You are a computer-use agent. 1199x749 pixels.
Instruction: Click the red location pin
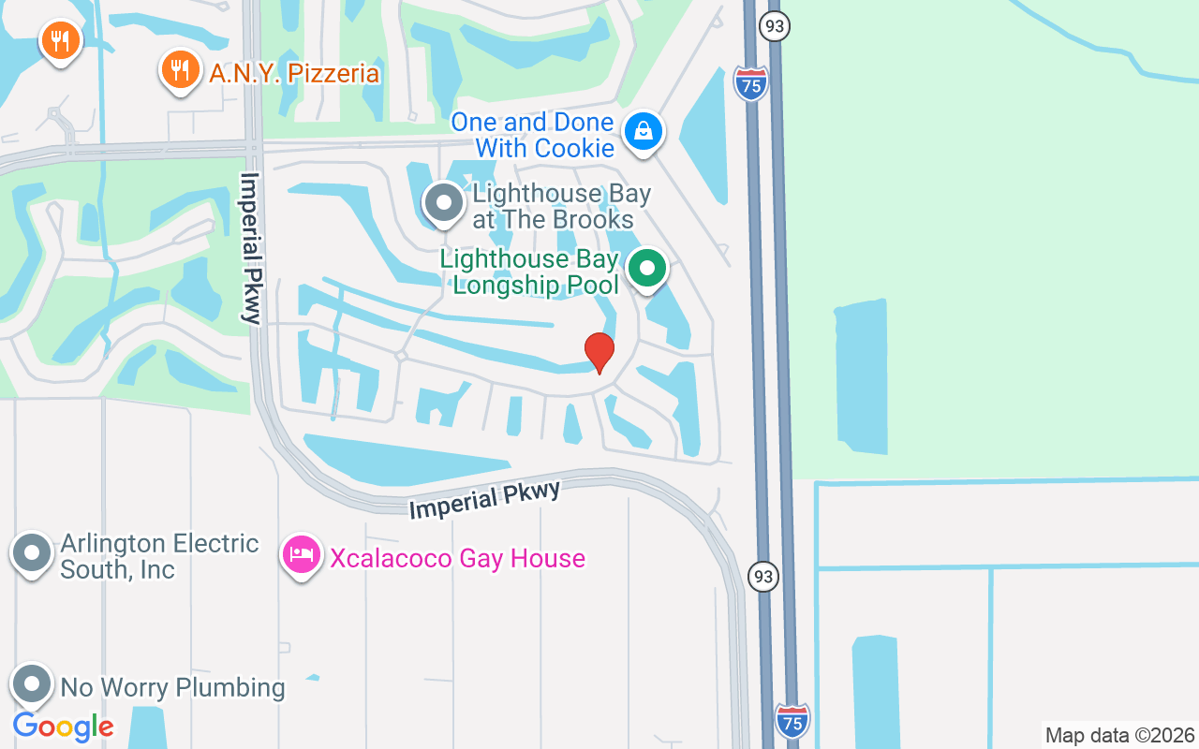[599, 352]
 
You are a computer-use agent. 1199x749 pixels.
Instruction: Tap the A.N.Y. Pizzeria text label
[294, 73]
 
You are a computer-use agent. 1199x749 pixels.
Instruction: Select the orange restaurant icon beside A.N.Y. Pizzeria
[179, 70]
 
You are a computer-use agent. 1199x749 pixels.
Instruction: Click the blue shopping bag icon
[644, 132]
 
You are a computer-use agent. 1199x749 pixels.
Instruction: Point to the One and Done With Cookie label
[532, 135]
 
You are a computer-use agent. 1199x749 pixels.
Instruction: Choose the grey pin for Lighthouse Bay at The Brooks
[444, 202]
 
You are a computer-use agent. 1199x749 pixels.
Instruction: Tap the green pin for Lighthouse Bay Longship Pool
[646, 269]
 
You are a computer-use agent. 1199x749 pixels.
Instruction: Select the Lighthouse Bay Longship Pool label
[530, 272]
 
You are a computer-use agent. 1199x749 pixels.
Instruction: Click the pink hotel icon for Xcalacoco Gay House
[302, 554]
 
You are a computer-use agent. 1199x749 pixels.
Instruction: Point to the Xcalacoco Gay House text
[457, 559]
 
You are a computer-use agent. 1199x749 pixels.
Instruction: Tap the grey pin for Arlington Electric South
[32, 552]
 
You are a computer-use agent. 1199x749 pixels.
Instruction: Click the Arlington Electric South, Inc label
[159, 556]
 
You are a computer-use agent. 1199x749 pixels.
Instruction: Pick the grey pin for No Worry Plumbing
[32, 684]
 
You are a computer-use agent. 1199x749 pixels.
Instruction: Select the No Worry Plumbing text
[172, 687]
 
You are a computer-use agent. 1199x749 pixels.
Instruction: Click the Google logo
[63, 727]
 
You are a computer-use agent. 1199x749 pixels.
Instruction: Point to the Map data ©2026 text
[1119, 736]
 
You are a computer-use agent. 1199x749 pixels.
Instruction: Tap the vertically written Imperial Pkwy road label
[250, 248]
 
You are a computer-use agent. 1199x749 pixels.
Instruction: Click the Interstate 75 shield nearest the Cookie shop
[751, 83]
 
